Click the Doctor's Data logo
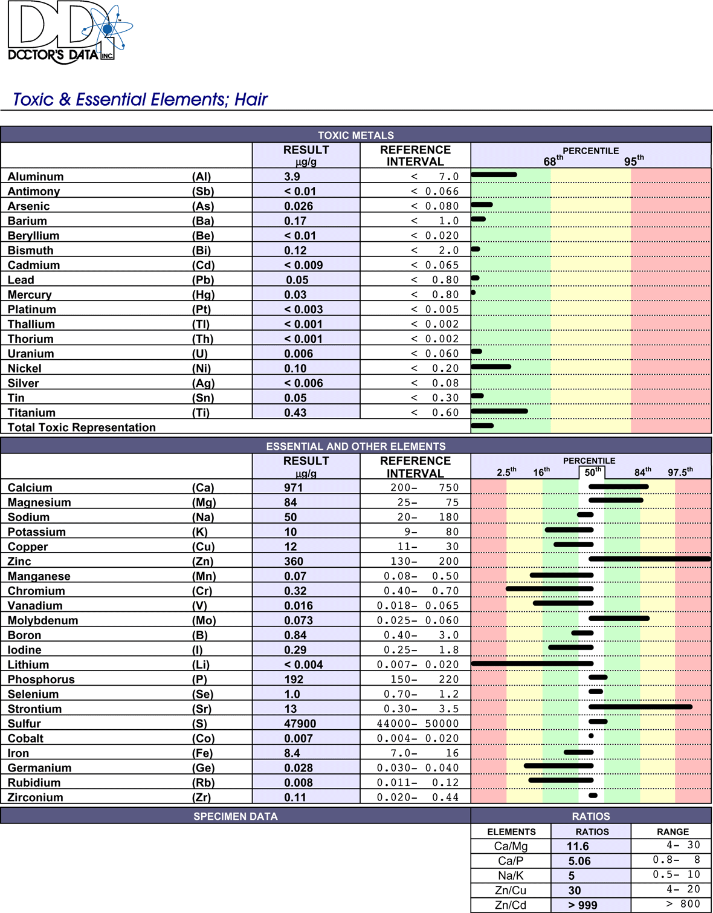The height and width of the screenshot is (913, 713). pos(69,33)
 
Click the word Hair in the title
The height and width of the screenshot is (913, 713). pos(251,100)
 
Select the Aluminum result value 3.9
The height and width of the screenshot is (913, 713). pos(292,177)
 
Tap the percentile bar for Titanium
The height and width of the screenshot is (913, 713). pos(499,411)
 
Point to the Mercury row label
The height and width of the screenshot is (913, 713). pos(30,295)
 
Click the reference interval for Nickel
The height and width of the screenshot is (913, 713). pos(434,368)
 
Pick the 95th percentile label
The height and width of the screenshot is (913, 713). pos(634,160)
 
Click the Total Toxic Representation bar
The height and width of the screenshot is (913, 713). pos(482,426)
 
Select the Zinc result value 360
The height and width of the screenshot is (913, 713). pos(294,561)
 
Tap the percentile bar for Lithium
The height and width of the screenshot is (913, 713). pos(532,664)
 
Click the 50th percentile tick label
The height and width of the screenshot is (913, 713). pos(592,472)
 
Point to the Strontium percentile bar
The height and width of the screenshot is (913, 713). pos(640,707)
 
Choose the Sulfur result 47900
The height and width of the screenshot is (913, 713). pos(299,724)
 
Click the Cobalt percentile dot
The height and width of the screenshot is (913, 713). pos(591,736)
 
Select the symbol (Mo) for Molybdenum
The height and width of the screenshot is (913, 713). pos(204,620)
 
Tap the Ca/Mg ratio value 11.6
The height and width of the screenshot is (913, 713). pos(578,846)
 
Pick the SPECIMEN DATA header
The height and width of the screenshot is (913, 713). pos(235,816)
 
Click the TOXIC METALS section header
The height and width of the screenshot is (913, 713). pos(356,135)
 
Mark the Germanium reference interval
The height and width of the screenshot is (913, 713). pos(418,768)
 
